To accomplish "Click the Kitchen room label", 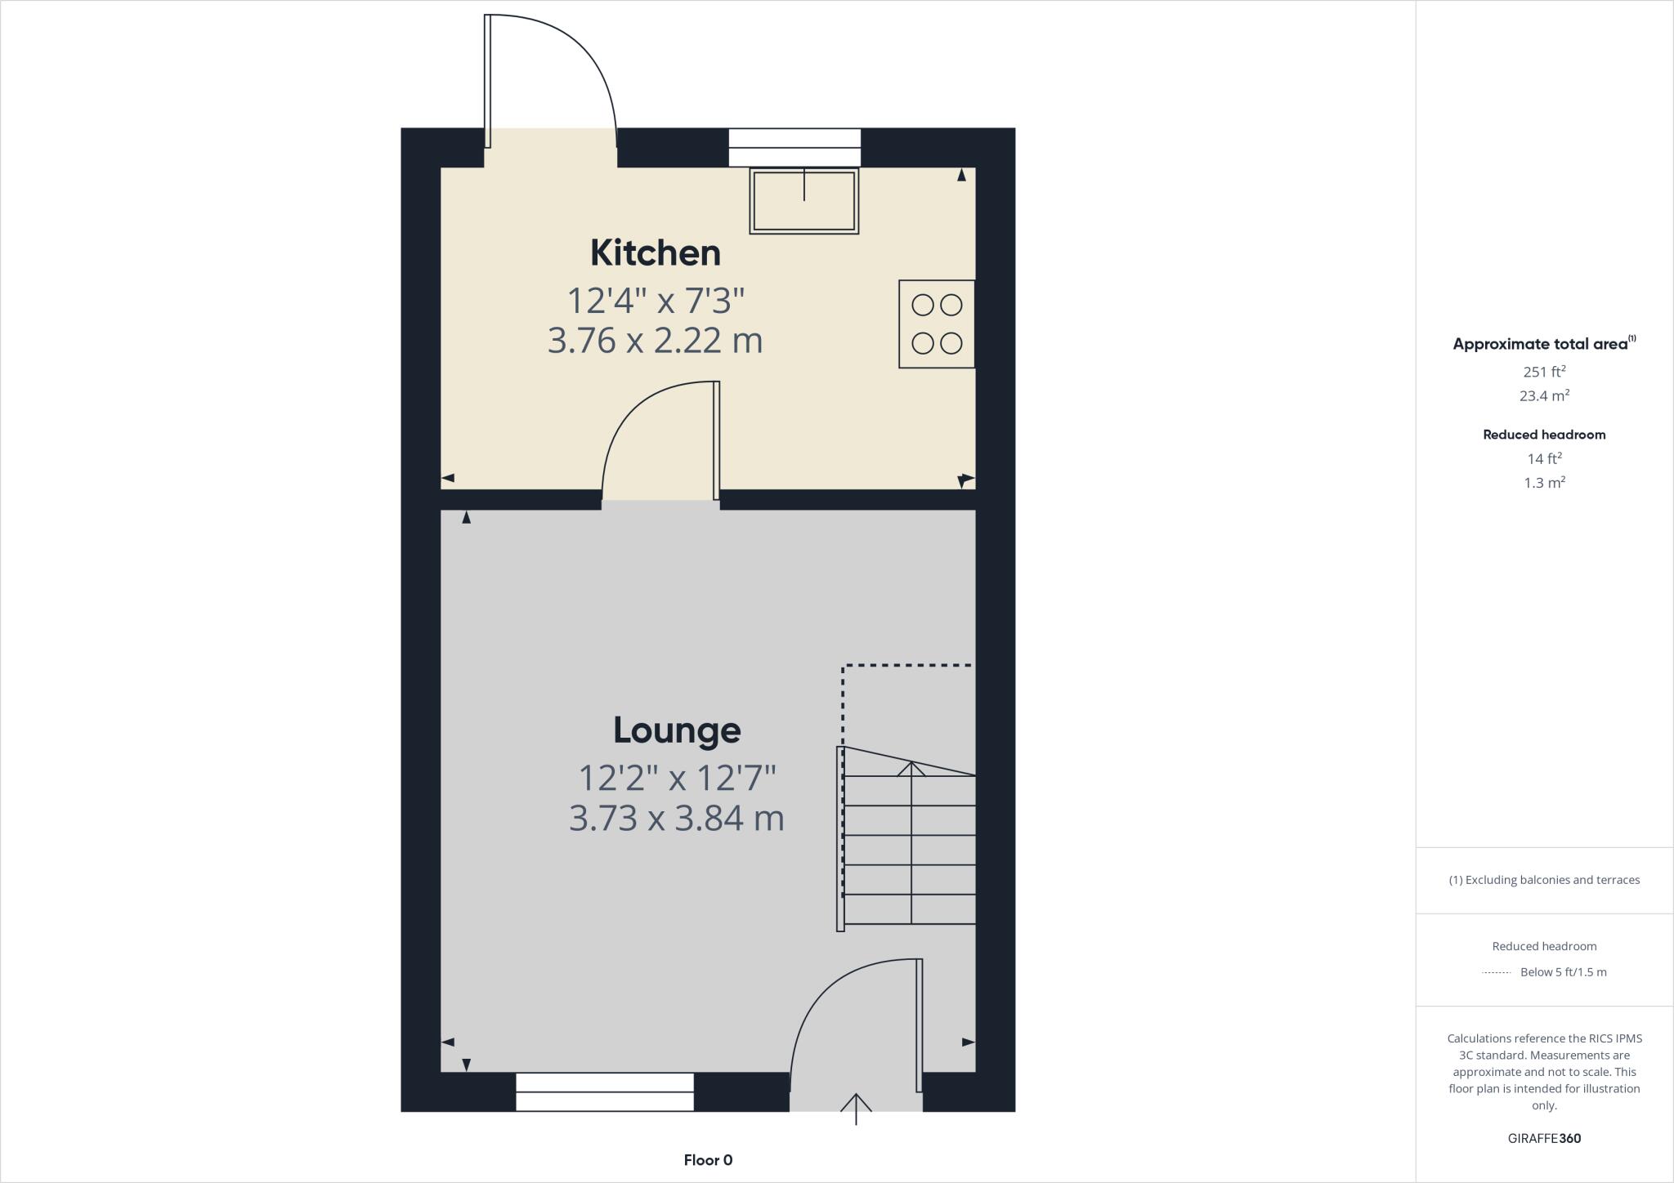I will (x=656, y=253).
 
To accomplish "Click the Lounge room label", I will (x=677, y=730).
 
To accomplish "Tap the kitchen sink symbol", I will (x=804, y=201).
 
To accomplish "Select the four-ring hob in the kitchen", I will (x=937, y=324).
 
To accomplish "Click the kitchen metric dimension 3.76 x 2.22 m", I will (x=655, y=341).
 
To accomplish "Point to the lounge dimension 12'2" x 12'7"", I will (x=677, y=778).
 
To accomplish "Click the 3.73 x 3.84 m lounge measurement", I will (x=677, y=818).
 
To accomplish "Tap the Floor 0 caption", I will (x=708, y=1160).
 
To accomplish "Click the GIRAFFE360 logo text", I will (x=1544, y=1138).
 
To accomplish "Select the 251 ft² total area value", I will (x=1544, y=372).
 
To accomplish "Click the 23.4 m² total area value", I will (x=1544, y=396).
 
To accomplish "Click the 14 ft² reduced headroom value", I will (x=1544, y=458).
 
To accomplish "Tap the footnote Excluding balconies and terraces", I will (x=1544, y=880).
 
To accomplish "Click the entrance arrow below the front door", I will (x=856, y=1109).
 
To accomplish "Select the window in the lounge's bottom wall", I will (x=605, y=1092).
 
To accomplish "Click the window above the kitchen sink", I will (x=794, y=148).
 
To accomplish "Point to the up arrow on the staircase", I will (x=911, y=770).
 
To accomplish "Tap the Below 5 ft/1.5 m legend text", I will (x=1563, y=972).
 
